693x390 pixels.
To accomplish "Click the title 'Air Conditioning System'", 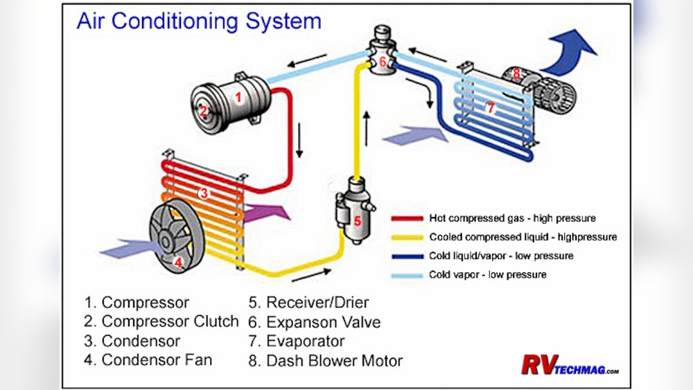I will (x=198, y=21).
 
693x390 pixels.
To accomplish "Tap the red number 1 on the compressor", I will (x=238, y=98).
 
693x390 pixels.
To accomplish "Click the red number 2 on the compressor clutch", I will (x=204, y=111).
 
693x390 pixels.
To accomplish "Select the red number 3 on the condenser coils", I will (x=204, y=193).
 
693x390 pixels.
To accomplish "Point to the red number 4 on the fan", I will (x=178, y=262).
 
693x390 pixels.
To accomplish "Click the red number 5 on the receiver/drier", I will (x=357, y=221).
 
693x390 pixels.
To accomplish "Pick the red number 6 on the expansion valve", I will (x=381, y=62).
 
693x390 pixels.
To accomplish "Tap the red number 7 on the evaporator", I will (x=490, y=107).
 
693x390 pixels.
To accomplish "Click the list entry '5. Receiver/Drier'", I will (x=308, y=303).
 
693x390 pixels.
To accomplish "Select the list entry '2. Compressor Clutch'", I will (x=161, y=322).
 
